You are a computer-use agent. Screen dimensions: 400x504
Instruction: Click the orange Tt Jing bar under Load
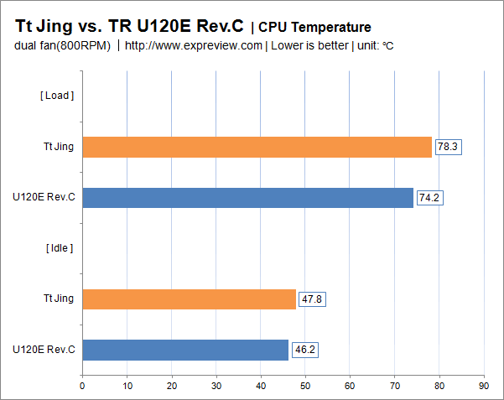[257, 147]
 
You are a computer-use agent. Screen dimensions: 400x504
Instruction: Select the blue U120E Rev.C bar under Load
[247, 198]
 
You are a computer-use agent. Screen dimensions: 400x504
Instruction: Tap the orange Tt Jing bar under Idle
[189, 299]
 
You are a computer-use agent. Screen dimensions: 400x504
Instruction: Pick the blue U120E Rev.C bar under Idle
[185, 350]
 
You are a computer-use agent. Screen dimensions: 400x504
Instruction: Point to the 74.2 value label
[430, 198]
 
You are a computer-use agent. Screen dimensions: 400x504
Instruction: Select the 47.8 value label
[312, 299]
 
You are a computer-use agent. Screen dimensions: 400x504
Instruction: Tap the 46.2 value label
[305, 350]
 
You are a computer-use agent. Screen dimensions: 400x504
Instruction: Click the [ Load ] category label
[57, 96]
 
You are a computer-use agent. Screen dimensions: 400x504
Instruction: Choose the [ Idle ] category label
[59, 247]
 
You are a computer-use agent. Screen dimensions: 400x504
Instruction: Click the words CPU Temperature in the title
[314, 28]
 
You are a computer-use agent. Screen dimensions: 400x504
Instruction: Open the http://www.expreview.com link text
[193, 45]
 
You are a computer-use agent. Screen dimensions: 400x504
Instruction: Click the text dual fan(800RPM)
[62, 45]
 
